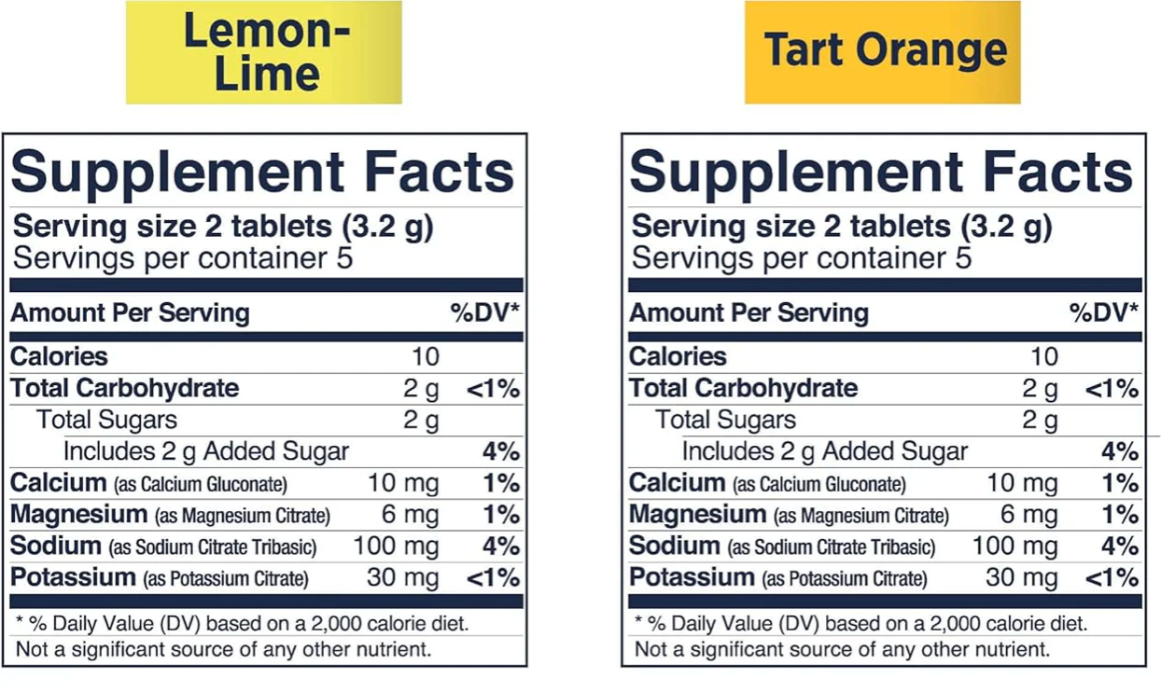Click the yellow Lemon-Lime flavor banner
[x=264, y=52]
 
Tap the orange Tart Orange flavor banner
[x=882, y=52]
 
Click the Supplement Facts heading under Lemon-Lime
[x=263, y=173]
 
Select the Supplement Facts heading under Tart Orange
[x=882, y=173]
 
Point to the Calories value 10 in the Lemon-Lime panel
[x=425, y=356]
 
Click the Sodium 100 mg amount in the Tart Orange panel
[x=1015, y=547]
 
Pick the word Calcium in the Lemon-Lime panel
[x=58, y=483]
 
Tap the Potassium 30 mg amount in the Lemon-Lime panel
[x=402, y=578]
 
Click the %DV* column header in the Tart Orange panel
[x=1104, y=313]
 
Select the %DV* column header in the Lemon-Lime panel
[x=485, y=313]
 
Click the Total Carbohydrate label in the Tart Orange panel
[x=743, y=388]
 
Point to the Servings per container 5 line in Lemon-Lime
[x=183, y=258]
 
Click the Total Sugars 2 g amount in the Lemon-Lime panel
[x=421, y=420]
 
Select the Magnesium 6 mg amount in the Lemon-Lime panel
[x=411, y=515]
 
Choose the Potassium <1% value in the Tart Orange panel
[x=1112, y=578]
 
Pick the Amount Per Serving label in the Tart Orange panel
[x=748, y=313]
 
